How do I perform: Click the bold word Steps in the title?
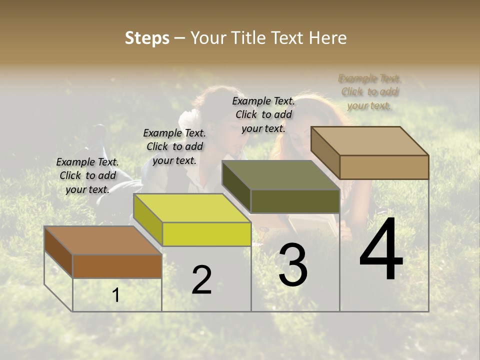[147, 38]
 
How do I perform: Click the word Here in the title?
[327, 38]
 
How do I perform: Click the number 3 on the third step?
[293, 265]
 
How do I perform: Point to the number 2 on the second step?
[201, 280]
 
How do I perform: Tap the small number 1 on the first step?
[116, 295]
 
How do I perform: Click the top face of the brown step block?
[103, 240]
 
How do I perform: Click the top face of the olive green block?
[281, 175]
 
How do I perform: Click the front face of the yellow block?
[206, 234]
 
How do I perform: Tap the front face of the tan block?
[384, 167]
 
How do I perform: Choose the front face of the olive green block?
[295, 201]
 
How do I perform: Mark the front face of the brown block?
[117, 266]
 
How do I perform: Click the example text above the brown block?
[88, 175]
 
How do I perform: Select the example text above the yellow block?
[174, 146]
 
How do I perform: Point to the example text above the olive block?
[263, 114]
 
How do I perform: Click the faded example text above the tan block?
[369, 91]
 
